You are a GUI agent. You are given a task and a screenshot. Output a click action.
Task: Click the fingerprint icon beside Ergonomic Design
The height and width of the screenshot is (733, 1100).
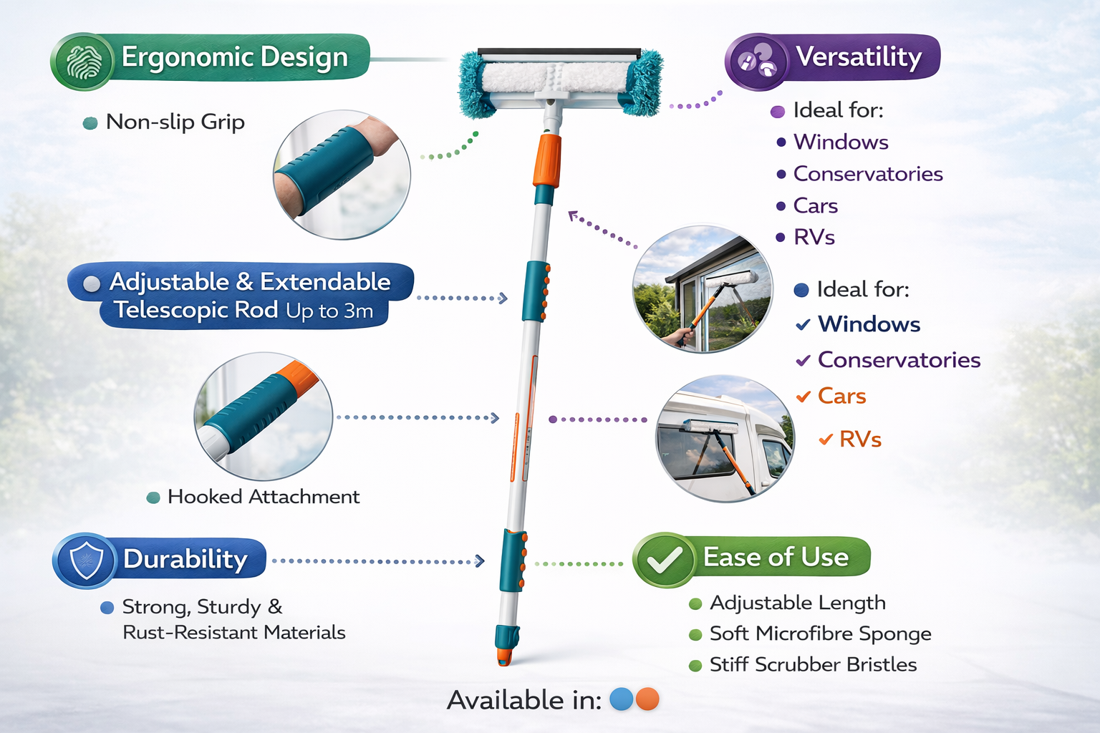coord(84,62)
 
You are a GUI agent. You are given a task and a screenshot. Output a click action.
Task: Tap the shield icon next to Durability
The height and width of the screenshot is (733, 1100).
coord(85,560)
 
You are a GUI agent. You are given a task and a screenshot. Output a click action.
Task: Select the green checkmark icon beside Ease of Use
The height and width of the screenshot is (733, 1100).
coord(664,560)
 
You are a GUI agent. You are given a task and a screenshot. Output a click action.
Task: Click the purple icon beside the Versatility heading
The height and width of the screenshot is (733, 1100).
coord(757,62)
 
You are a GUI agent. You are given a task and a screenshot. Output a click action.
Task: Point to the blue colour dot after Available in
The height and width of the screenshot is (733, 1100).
coord(622,699)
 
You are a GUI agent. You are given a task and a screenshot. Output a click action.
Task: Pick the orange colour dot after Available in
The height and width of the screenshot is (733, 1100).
coord(647,699)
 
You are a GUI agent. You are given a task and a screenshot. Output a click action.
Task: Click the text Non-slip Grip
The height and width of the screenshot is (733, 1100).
coord(175,122)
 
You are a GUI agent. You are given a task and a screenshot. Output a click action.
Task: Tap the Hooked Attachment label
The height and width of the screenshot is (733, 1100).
coord(263,497)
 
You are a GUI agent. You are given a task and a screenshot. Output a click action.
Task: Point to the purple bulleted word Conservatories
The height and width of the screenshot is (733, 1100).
coord(867,174)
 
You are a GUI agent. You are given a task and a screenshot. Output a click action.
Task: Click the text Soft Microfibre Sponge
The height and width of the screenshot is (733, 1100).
coord(820,634)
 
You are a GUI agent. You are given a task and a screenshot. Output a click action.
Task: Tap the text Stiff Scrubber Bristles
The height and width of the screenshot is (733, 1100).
coord(813,665)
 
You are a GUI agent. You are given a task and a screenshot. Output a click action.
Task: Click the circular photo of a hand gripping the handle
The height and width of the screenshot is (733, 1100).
coord(342,174)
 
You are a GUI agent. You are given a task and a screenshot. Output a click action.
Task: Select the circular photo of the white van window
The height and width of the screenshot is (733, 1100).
coord(725,438)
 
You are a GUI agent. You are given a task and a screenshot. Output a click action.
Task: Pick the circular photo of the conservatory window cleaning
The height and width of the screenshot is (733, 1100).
coord(703,289)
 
